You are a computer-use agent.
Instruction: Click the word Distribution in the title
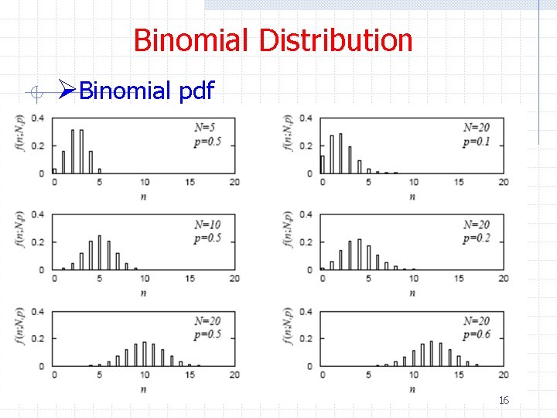pyautogui.click(x=336, y=40)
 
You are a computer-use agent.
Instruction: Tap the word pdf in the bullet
pyautogui.click(x=196, y=91)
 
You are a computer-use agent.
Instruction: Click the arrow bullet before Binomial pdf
pyautogui.click(x=67, y=91)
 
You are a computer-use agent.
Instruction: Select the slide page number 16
pyautogui.click(x=504, y=400)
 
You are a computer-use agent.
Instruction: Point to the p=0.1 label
pyautogui.click(x=477, y=142)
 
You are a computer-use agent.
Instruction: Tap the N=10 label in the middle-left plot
pyautogui.click(x=207, y=224)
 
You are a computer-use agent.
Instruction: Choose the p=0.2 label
pyautogui.click(x=477, y=238)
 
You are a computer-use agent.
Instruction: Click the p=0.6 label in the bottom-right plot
pyautogui.click(x=477, y=335)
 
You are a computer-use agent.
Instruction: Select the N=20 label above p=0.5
pyautogui.click(x=207, y=321)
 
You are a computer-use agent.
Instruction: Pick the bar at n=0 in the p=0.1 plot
pyautogui.click(x=322, y=164)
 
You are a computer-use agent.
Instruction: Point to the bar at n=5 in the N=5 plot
pyautogui.click(x=99, y=170)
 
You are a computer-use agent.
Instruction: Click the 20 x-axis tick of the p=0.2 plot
pyautogui.click(x=504, y=279)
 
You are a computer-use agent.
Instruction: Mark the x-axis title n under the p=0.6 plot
pyautogui.click(x=412, y=389)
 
